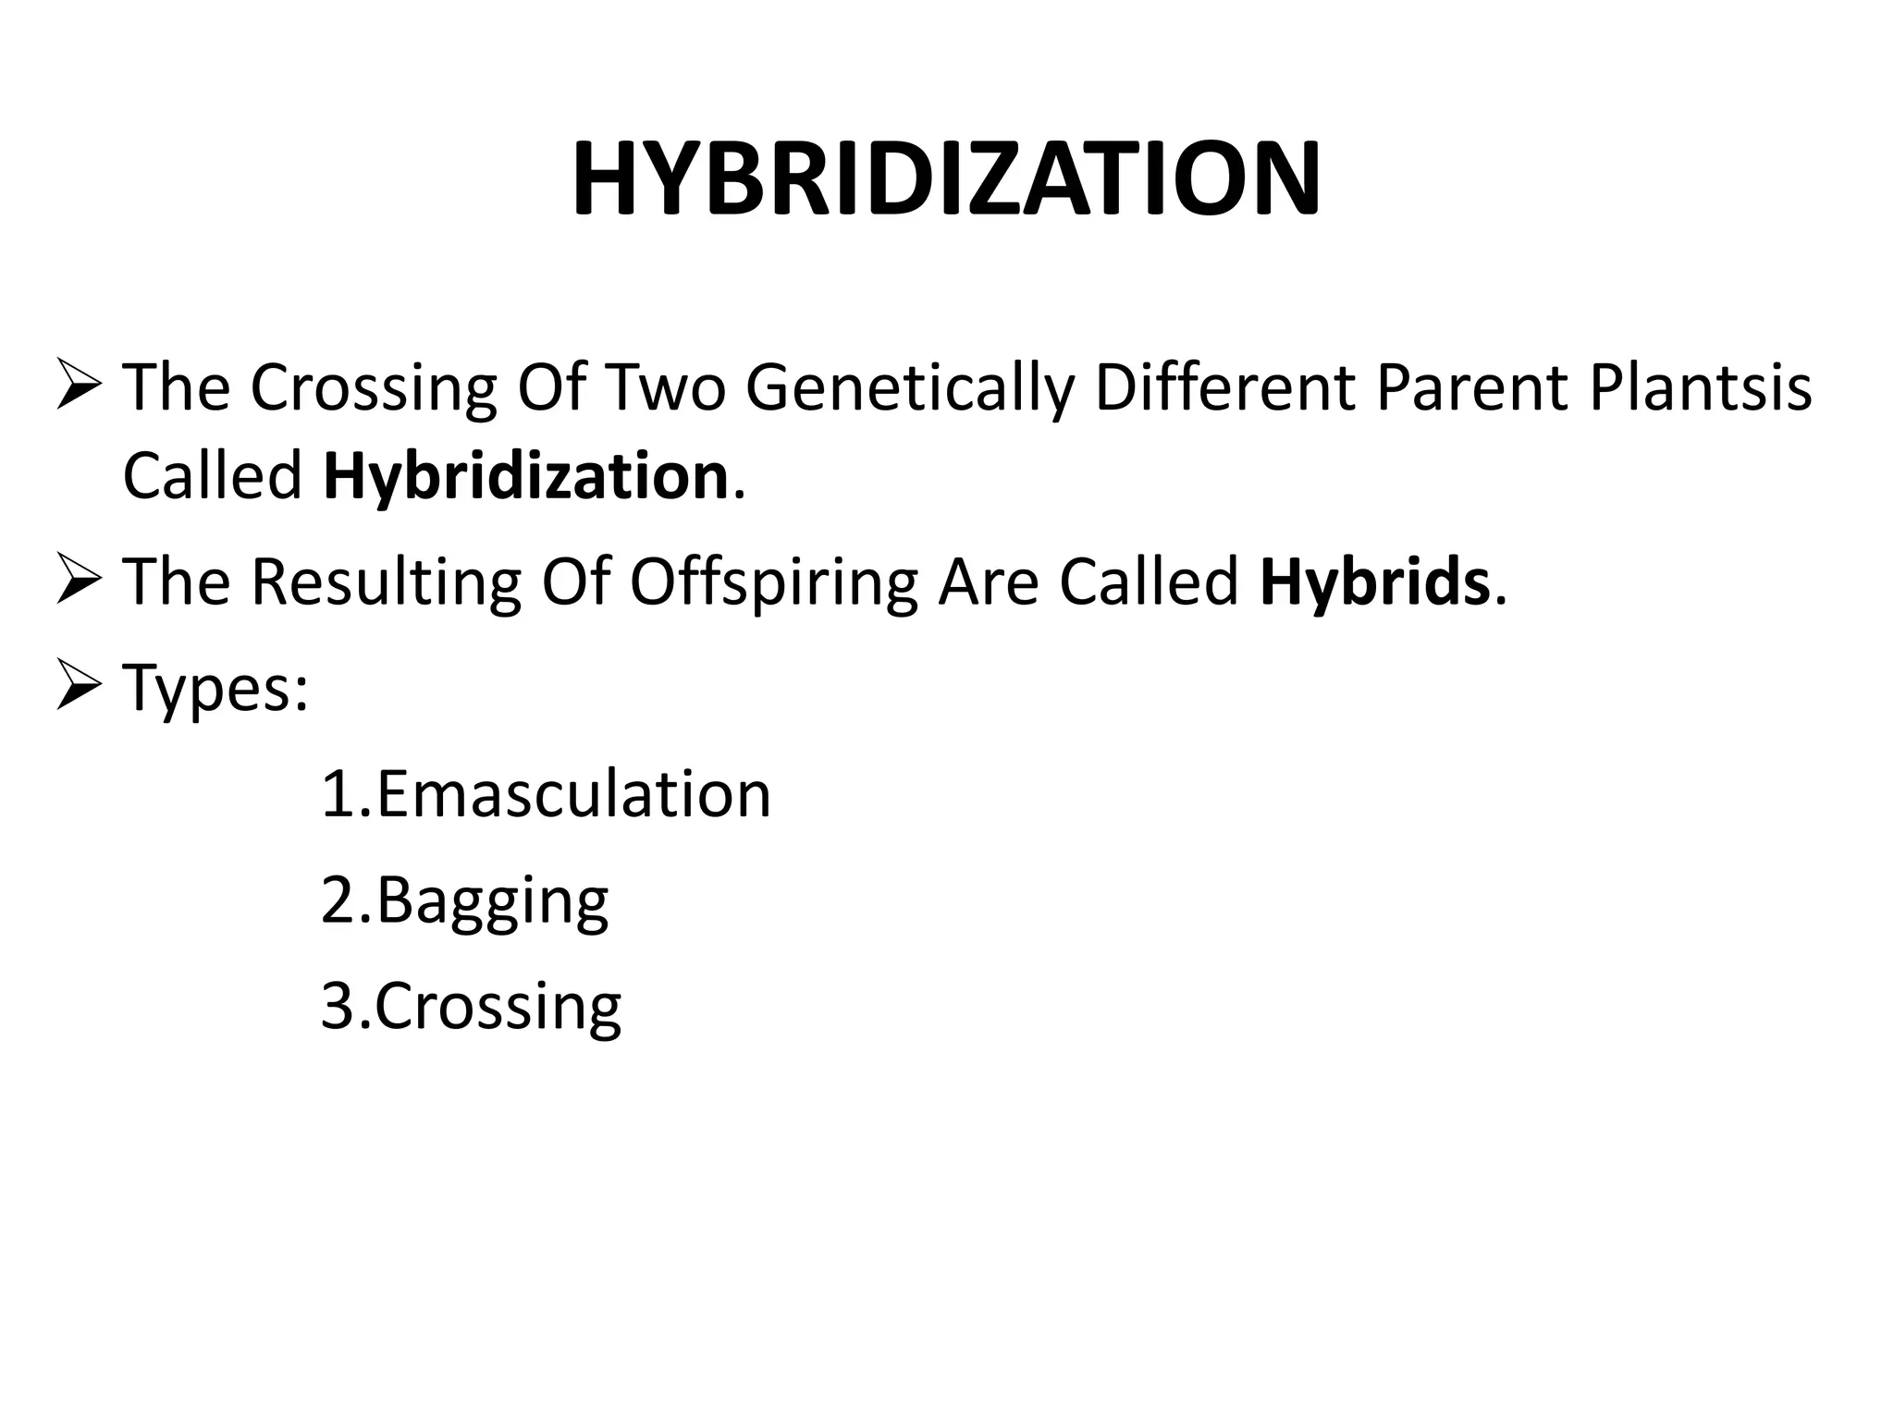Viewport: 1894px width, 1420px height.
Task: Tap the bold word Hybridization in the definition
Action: click(x=525, y=476)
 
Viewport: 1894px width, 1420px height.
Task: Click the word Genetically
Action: click(x=910, y=387)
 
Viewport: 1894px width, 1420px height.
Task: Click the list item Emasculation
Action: click(x=573, y=794)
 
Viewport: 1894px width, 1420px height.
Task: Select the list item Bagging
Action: click(x=492, y=900)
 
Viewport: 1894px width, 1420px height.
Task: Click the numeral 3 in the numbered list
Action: click(x=338, y=1006)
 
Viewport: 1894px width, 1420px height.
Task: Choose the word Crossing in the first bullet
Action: click(x=374, y=387)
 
